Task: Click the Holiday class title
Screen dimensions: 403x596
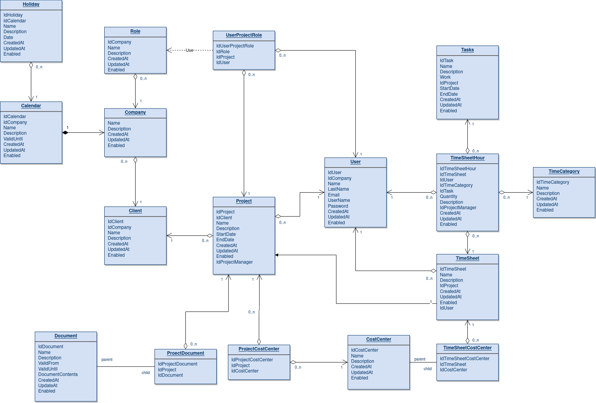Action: pos(31,4)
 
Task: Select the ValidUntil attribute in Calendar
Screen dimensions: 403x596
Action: pos(13,139)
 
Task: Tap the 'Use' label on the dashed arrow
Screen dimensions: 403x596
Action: pos(189,50)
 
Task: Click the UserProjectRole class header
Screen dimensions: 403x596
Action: pos(244,35)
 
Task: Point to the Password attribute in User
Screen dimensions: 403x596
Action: pos(338,206)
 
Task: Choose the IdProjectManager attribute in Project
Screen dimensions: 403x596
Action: pos(234,262)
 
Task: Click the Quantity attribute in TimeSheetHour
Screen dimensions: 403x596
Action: pos(448,196)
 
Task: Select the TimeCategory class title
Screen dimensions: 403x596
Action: pos(564,171)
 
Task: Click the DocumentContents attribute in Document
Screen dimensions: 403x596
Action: pos(58,374)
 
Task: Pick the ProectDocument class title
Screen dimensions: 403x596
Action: pos(185,353)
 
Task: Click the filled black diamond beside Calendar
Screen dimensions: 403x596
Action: pos(65,133)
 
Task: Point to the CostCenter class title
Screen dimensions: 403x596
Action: pos(379,339)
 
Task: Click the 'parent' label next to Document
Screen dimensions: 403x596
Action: pos(107,359)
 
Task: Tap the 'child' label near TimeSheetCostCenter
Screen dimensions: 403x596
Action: pos(428,369)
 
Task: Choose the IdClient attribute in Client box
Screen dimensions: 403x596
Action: pos(115,222)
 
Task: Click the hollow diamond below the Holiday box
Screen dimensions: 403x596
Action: pos(31,65)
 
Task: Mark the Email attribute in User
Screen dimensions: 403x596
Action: pos(334,195)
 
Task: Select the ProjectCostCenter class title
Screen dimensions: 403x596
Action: pos(259,349)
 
